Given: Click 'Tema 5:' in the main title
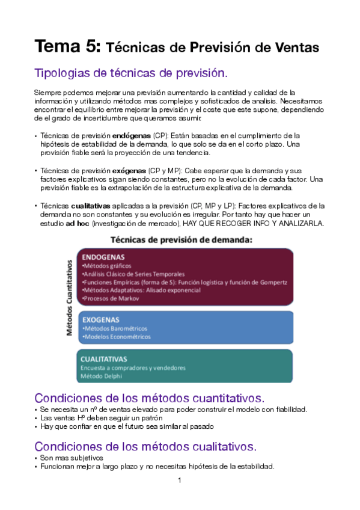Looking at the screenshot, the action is point(69,46).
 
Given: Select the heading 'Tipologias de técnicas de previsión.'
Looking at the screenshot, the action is point(132,73).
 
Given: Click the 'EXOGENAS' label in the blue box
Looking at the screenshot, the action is point(100,319).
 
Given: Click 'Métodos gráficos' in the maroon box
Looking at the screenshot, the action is point(106,266).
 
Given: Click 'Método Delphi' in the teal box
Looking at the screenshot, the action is point(101,376).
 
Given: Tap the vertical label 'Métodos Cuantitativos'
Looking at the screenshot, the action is point(69,297).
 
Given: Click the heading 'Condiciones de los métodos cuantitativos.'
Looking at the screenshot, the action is point(149,398).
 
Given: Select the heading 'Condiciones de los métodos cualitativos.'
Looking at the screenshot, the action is point(145,446).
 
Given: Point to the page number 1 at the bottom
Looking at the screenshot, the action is point(179,481).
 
